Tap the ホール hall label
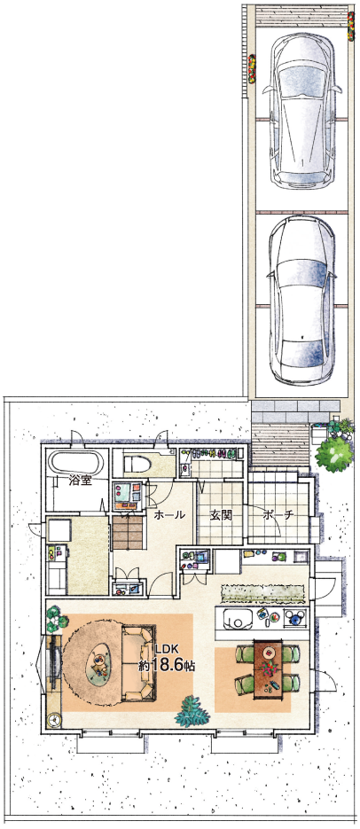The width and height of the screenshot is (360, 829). coord(169,514)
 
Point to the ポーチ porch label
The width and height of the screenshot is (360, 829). coord(277,514)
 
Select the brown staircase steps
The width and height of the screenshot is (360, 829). coord(128,533)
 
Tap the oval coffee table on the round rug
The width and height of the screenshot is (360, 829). coord(101,661)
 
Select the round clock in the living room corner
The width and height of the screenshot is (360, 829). coord(54,719)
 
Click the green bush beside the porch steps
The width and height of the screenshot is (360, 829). coord(333,454)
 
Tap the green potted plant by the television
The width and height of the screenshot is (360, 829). coord(54,621)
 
